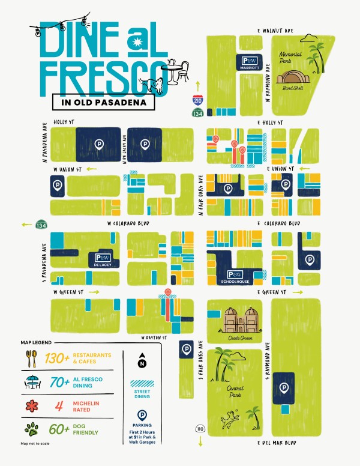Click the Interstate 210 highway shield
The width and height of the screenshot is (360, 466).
coord(197,100)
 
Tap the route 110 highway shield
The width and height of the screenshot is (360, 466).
coord(200,429)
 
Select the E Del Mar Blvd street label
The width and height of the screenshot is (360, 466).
coord(278,443)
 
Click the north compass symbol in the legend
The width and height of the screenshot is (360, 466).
coord(142,361)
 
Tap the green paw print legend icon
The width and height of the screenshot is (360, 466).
coord(31,429)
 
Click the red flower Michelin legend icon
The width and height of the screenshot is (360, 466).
coord(31,405)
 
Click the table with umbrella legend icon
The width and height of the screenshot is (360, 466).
coord(31,383)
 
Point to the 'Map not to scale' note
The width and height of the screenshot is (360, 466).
coord(34,444)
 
